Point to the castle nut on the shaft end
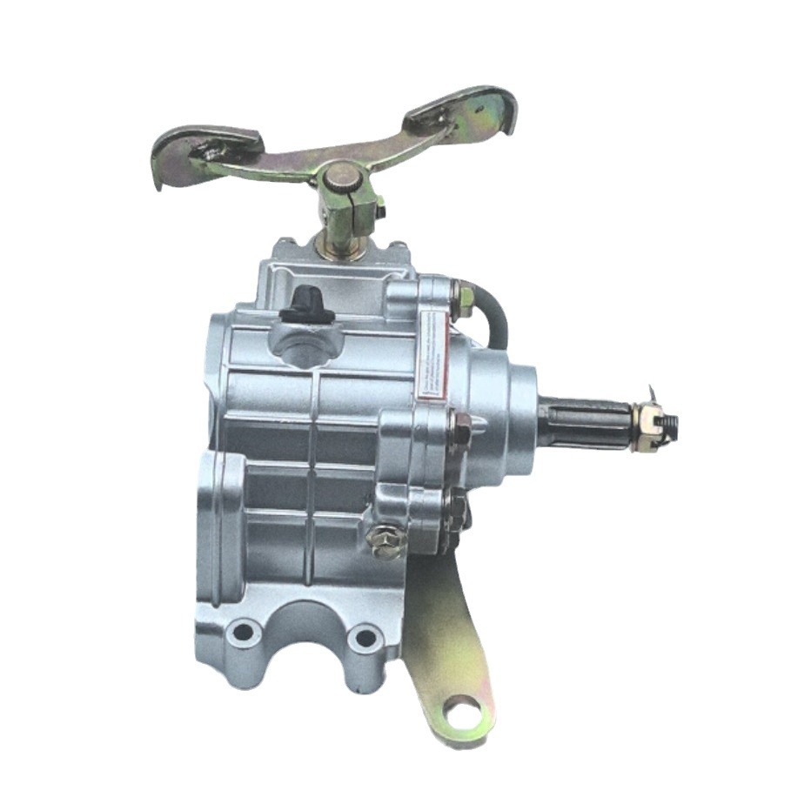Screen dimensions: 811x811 click(x=647, y=426)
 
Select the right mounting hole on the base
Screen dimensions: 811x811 click(x=365, y=638)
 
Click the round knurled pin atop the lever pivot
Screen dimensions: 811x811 click(x=341, y=178)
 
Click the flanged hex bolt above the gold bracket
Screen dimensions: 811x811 click(x=386, y=540)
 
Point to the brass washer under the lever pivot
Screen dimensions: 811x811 click(x=341, y=251)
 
